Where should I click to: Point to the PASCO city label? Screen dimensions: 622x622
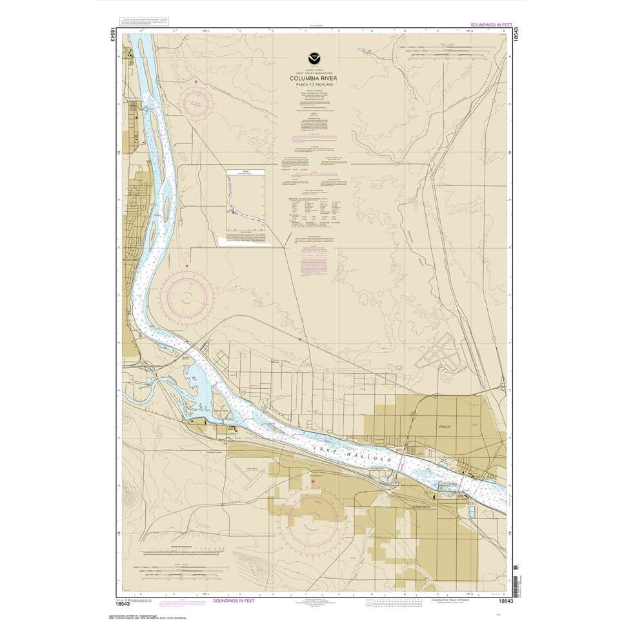tap(443, 428)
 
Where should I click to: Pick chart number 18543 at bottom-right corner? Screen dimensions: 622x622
tap(506, 601)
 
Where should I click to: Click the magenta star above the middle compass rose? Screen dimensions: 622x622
tap(186, 265)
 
